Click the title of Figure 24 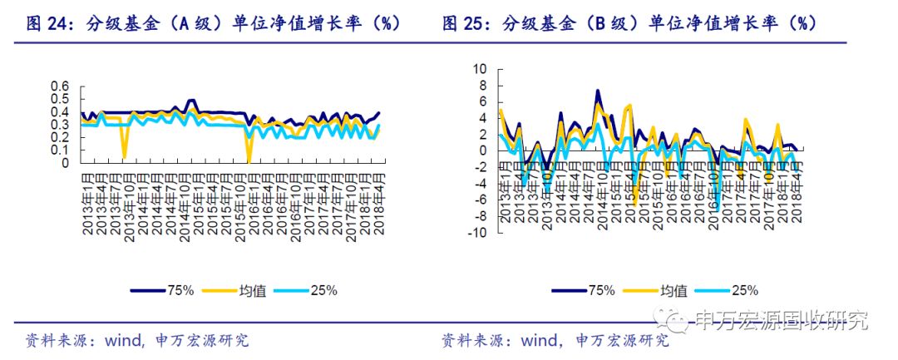point(214,24)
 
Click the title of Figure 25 point(629,24)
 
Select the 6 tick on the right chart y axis point(481,102)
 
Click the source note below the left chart point(137,340)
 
